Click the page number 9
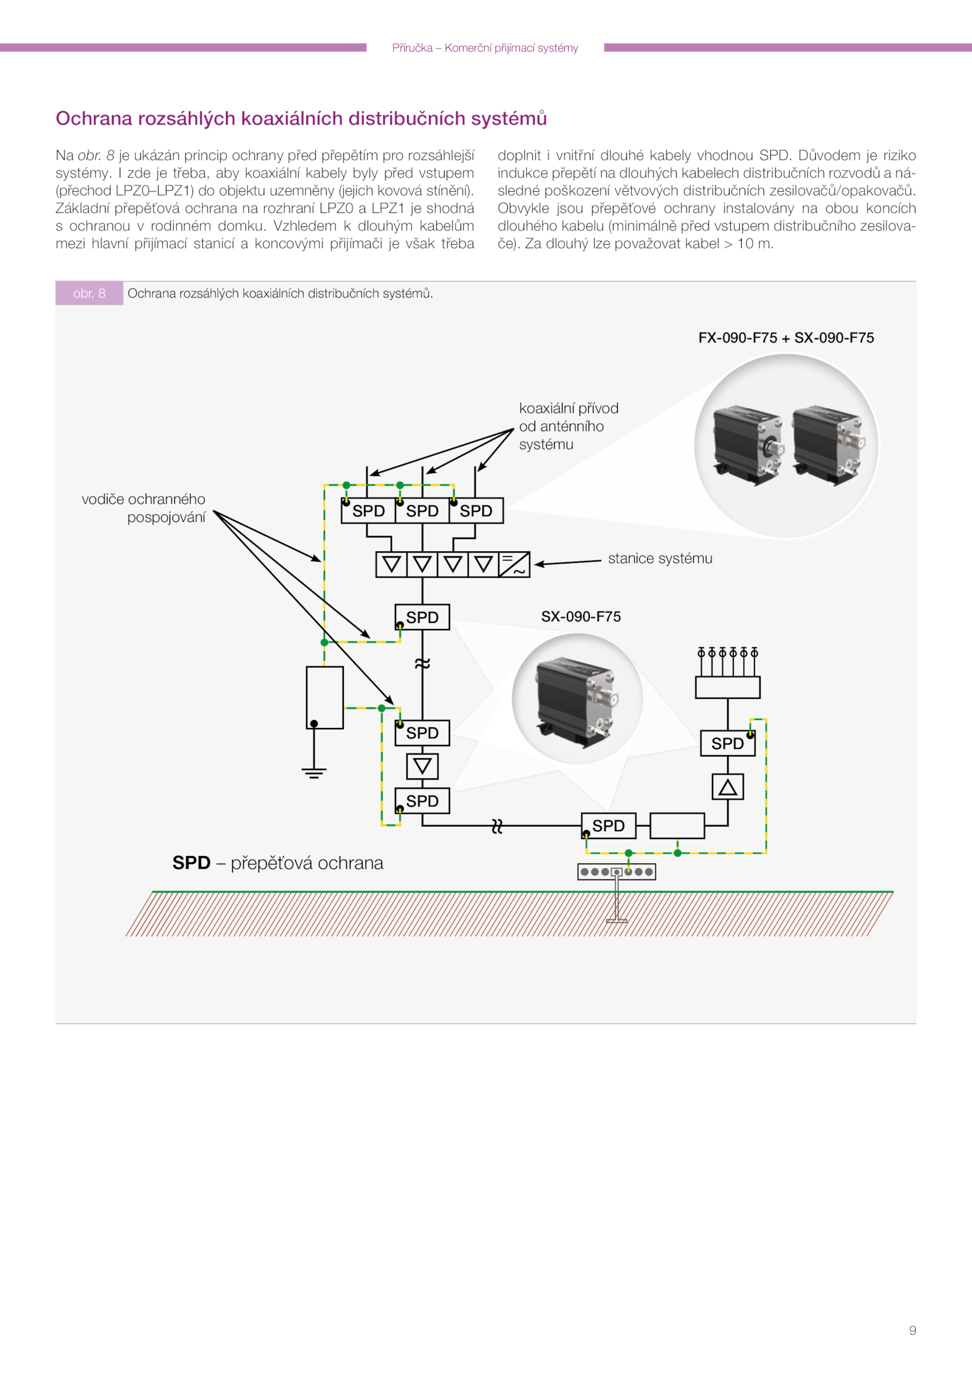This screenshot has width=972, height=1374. [x=912, y=1330]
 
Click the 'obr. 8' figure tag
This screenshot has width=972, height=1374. [x=89, y=293]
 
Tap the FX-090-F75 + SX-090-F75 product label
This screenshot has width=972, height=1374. [x=785, y=338]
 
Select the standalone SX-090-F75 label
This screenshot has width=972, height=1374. [x=581, y=616]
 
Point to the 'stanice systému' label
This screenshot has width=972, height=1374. [x=660, y=558]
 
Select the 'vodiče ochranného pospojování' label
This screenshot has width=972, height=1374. [x=144, y=508]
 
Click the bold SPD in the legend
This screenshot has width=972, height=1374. [x=191, y=863]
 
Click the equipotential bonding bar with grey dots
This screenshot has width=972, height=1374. [x=616, y=872]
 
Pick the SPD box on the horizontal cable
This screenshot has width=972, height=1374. [x=609, y=826]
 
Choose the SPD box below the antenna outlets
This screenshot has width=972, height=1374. [x=727, y=743]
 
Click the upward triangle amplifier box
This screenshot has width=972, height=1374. [x=727, y=787]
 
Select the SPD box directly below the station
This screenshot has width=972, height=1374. [x=422, y=617]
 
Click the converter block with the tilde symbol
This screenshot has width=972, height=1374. [x=514, y=565]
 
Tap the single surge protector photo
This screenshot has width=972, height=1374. [x=577, y=698]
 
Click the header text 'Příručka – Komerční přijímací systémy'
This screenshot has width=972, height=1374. [x=485, y=48]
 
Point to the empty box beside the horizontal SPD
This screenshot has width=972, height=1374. [x=677, y=826]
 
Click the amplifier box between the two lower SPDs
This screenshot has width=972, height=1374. [x=422, y=766]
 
